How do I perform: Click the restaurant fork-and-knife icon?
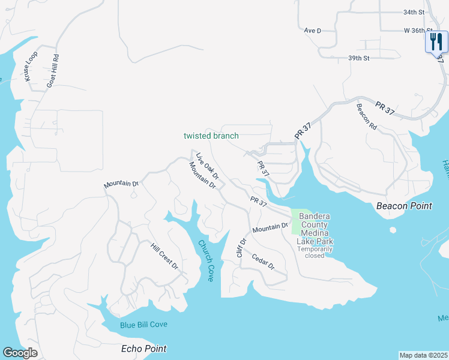coord(436,41)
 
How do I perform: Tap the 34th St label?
coord(414,12)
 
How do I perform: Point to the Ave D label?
coord(313,30)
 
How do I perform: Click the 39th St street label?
coord(358,58)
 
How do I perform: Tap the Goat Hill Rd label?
coord(53,71)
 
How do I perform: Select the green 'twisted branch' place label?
coord(211,136)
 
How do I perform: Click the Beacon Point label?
coord(404,206)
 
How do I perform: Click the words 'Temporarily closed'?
coord(315,252)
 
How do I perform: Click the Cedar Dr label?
coord(264,262)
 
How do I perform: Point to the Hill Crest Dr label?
coord(164,256)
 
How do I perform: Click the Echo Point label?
coord(143,349)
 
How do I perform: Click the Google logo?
coord(20,353)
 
